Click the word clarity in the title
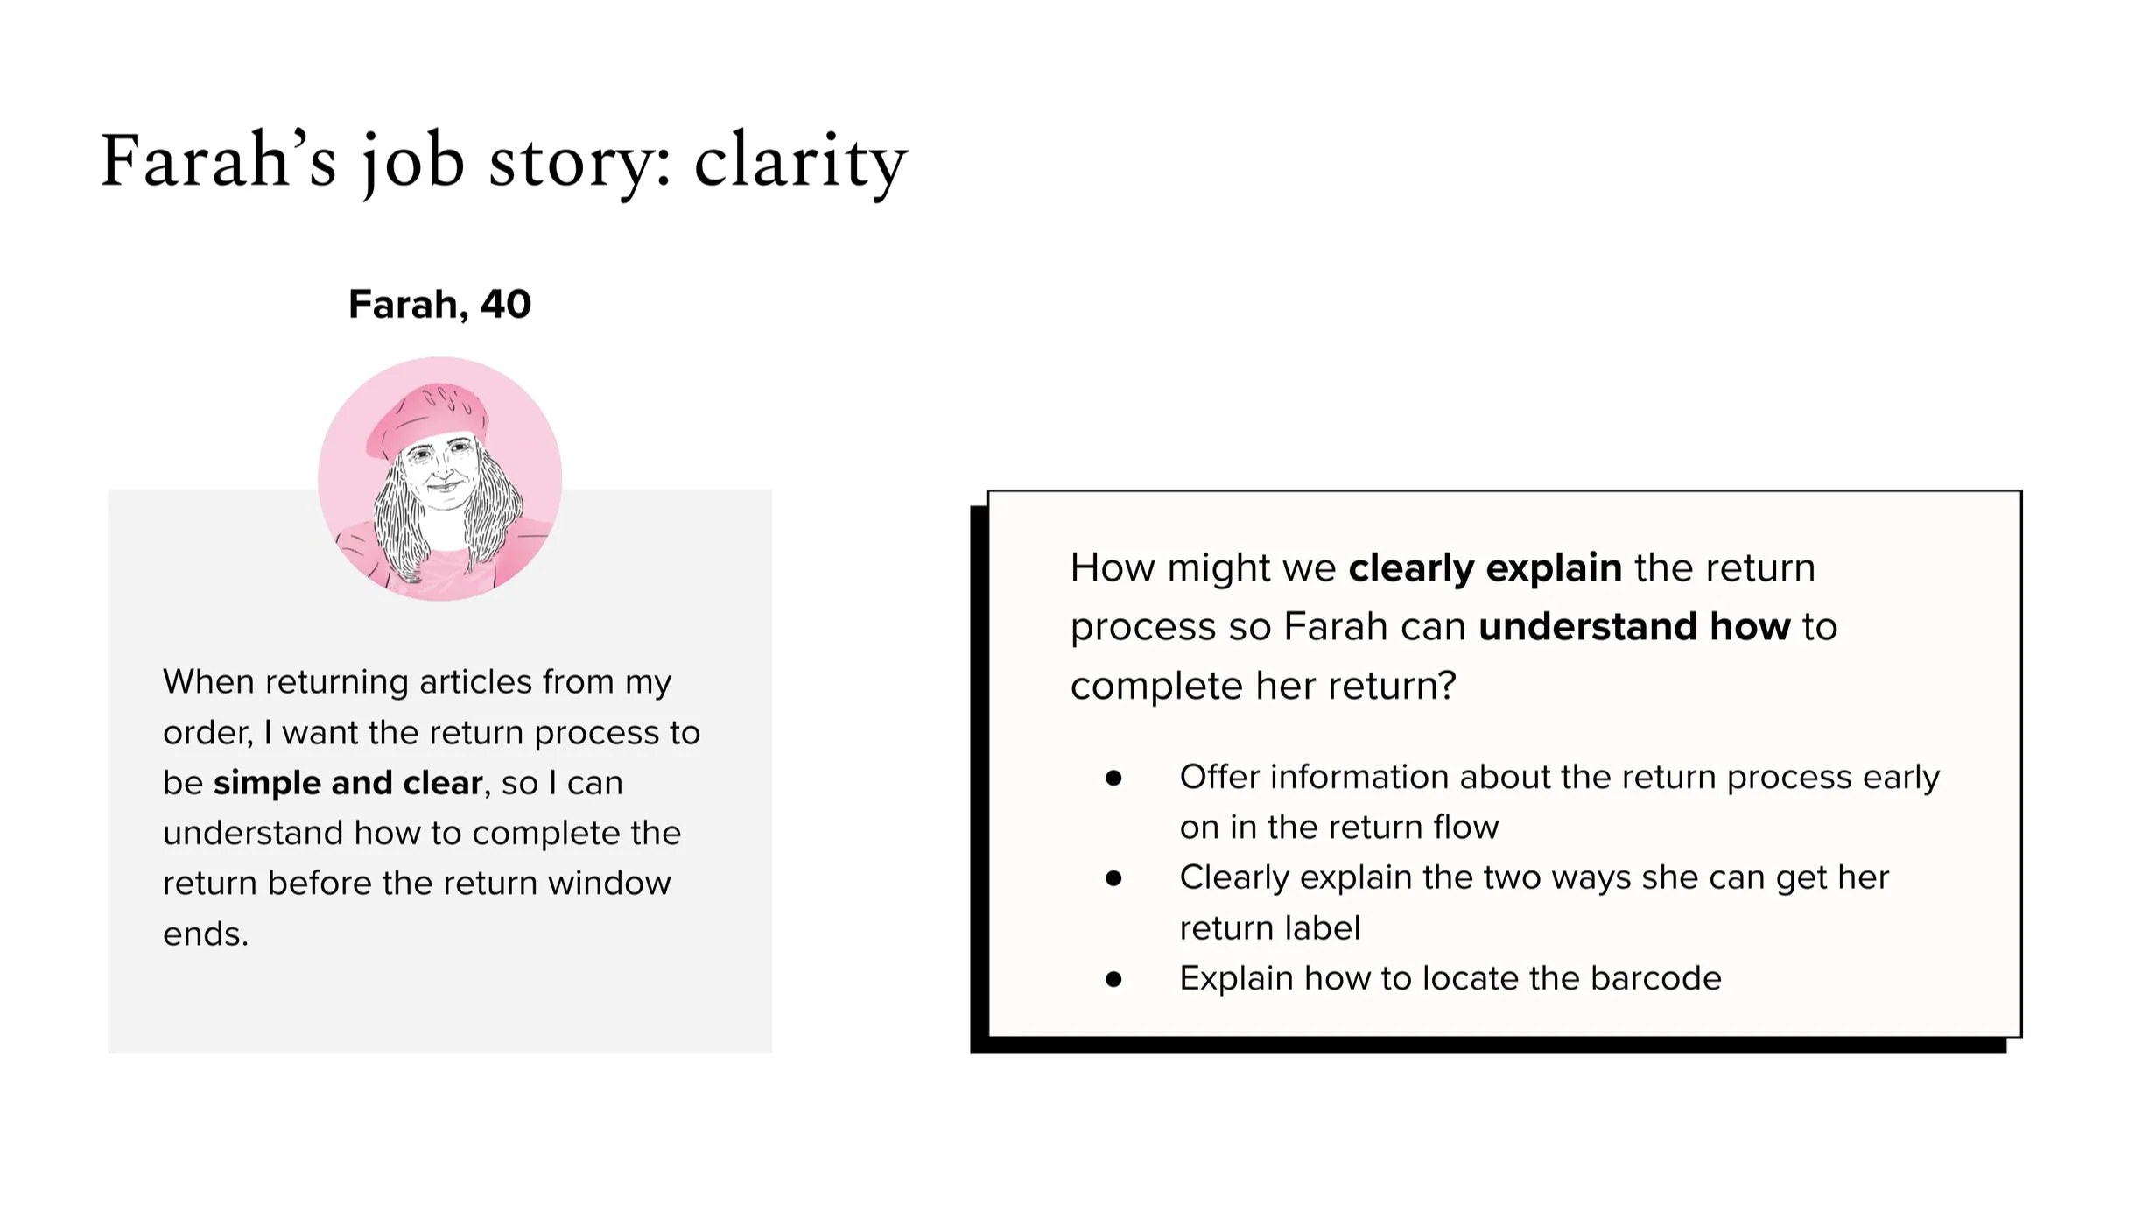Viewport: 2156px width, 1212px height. coord(800,163)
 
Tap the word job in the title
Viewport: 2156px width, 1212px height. coord(413,163)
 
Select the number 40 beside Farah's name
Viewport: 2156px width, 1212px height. coord(505,305)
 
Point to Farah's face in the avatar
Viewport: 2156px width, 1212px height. coord(442,473)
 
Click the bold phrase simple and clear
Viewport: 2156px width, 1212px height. coord(348,783)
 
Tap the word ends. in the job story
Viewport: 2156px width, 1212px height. coord(206,934)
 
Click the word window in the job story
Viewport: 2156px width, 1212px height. coord(609,884)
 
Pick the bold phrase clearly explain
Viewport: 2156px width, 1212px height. coord(1485,568)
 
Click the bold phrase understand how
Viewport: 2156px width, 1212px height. coord(1634,627)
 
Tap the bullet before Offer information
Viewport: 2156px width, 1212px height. coord(1113,779)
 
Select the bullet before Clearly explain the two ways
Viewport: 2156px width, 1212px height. coord(1113,878)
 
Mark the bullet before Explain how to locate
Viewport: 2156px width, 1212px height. coord(1113,979)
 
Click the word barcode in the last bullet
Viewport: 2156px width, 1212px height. coord(1655,979)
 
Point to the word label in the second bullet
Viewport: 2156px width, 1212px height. coord(1322,928)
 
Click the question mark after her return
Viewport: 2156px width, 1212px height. coord(1447,686)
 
